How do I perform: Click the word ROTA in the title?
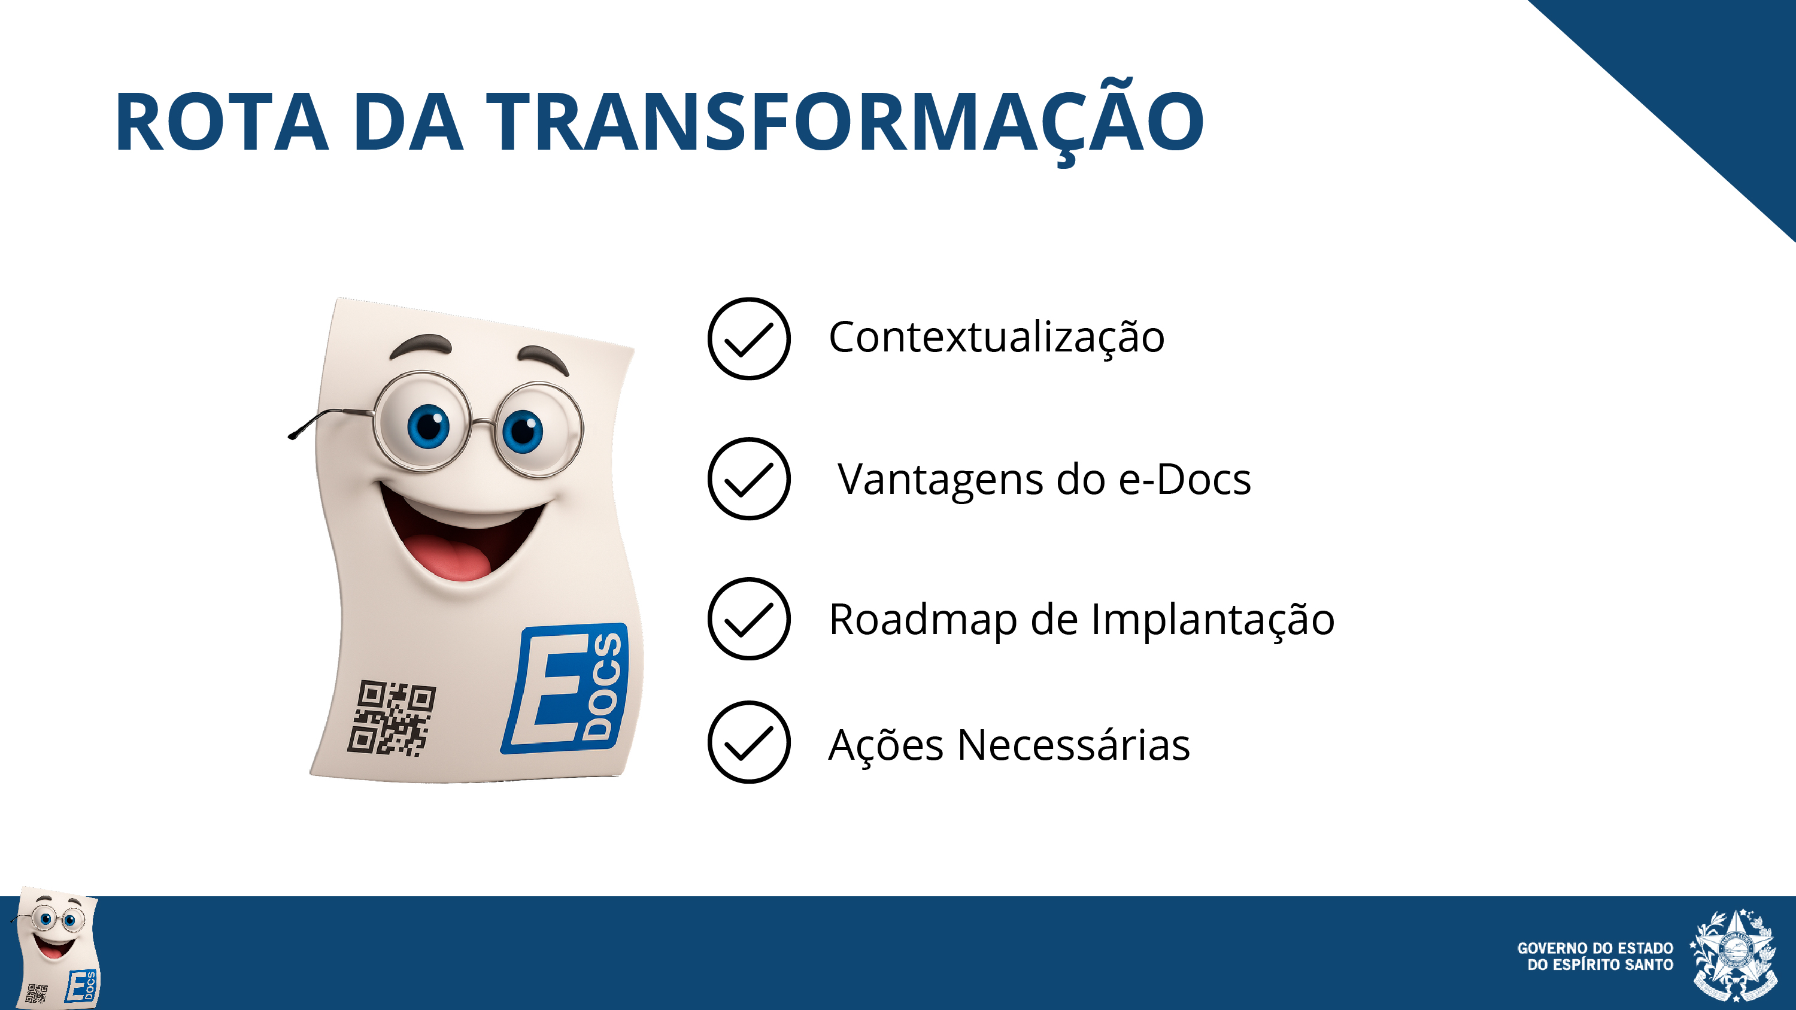click(222, 122)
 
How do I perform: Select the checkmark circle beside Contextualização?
click(749, 339)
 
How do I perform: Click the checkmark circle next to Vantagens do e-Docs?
click(749, 479)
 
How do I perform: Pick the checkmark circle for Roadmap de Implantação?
click(749, 619)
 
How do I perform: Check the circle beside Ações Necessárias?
click(749, 742)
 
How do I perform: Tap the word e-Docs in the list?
click(1185, 480)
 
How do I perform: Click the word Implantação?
click(1212, 620)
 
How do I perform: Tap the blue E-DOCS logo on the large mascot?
click(565, 688)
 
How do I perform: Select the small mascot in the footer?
click(56, 947)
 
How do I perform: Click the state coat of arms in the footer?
click(1733, 955)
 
